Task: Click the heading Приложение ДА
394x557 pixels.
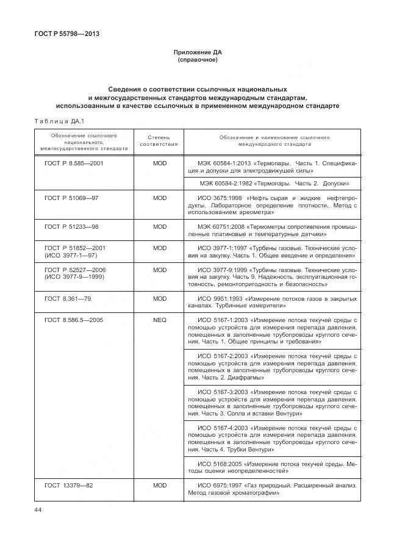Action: point(197,53)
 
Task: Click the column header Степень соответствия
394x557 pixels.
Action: point(159,141)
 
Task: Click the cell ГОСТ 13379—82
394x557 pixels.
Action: point(68,486)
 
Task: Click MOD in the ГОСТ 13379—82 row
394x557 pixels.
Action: point(159,486)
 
